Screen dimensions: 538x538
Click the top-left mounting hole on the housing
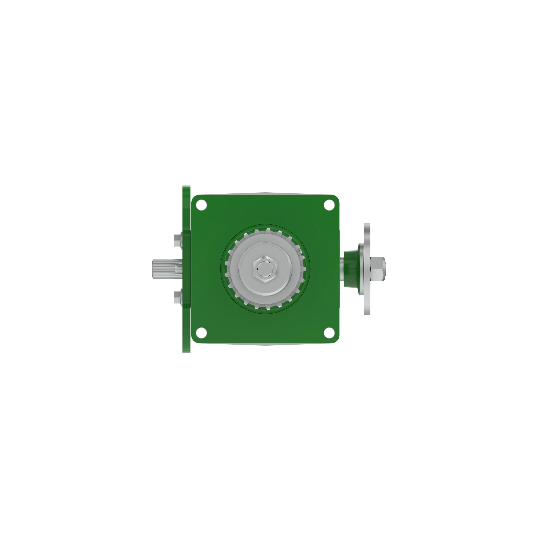point(201,205)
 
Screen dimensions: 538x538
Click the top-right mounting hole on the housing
point(329,205)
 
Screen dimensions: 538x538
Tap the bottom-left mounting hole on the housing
point(201,333)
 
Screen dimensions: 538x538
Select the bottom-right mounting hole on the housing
point(329,333)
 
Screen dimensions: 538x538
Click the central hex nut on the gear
point(266,269)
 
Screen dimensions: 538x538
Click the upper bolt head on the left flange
point(177,240)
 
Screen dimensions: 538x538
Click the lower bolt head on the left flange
point(177,297)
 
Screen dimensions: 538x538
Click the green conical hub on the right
point(351,269)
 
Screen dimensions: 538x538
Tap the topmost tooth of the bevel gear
point(268,231)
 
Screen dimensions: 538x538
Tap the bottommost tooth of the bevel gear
point(268,307)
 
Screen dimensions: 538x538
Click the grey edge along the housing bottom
point(266,345)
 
